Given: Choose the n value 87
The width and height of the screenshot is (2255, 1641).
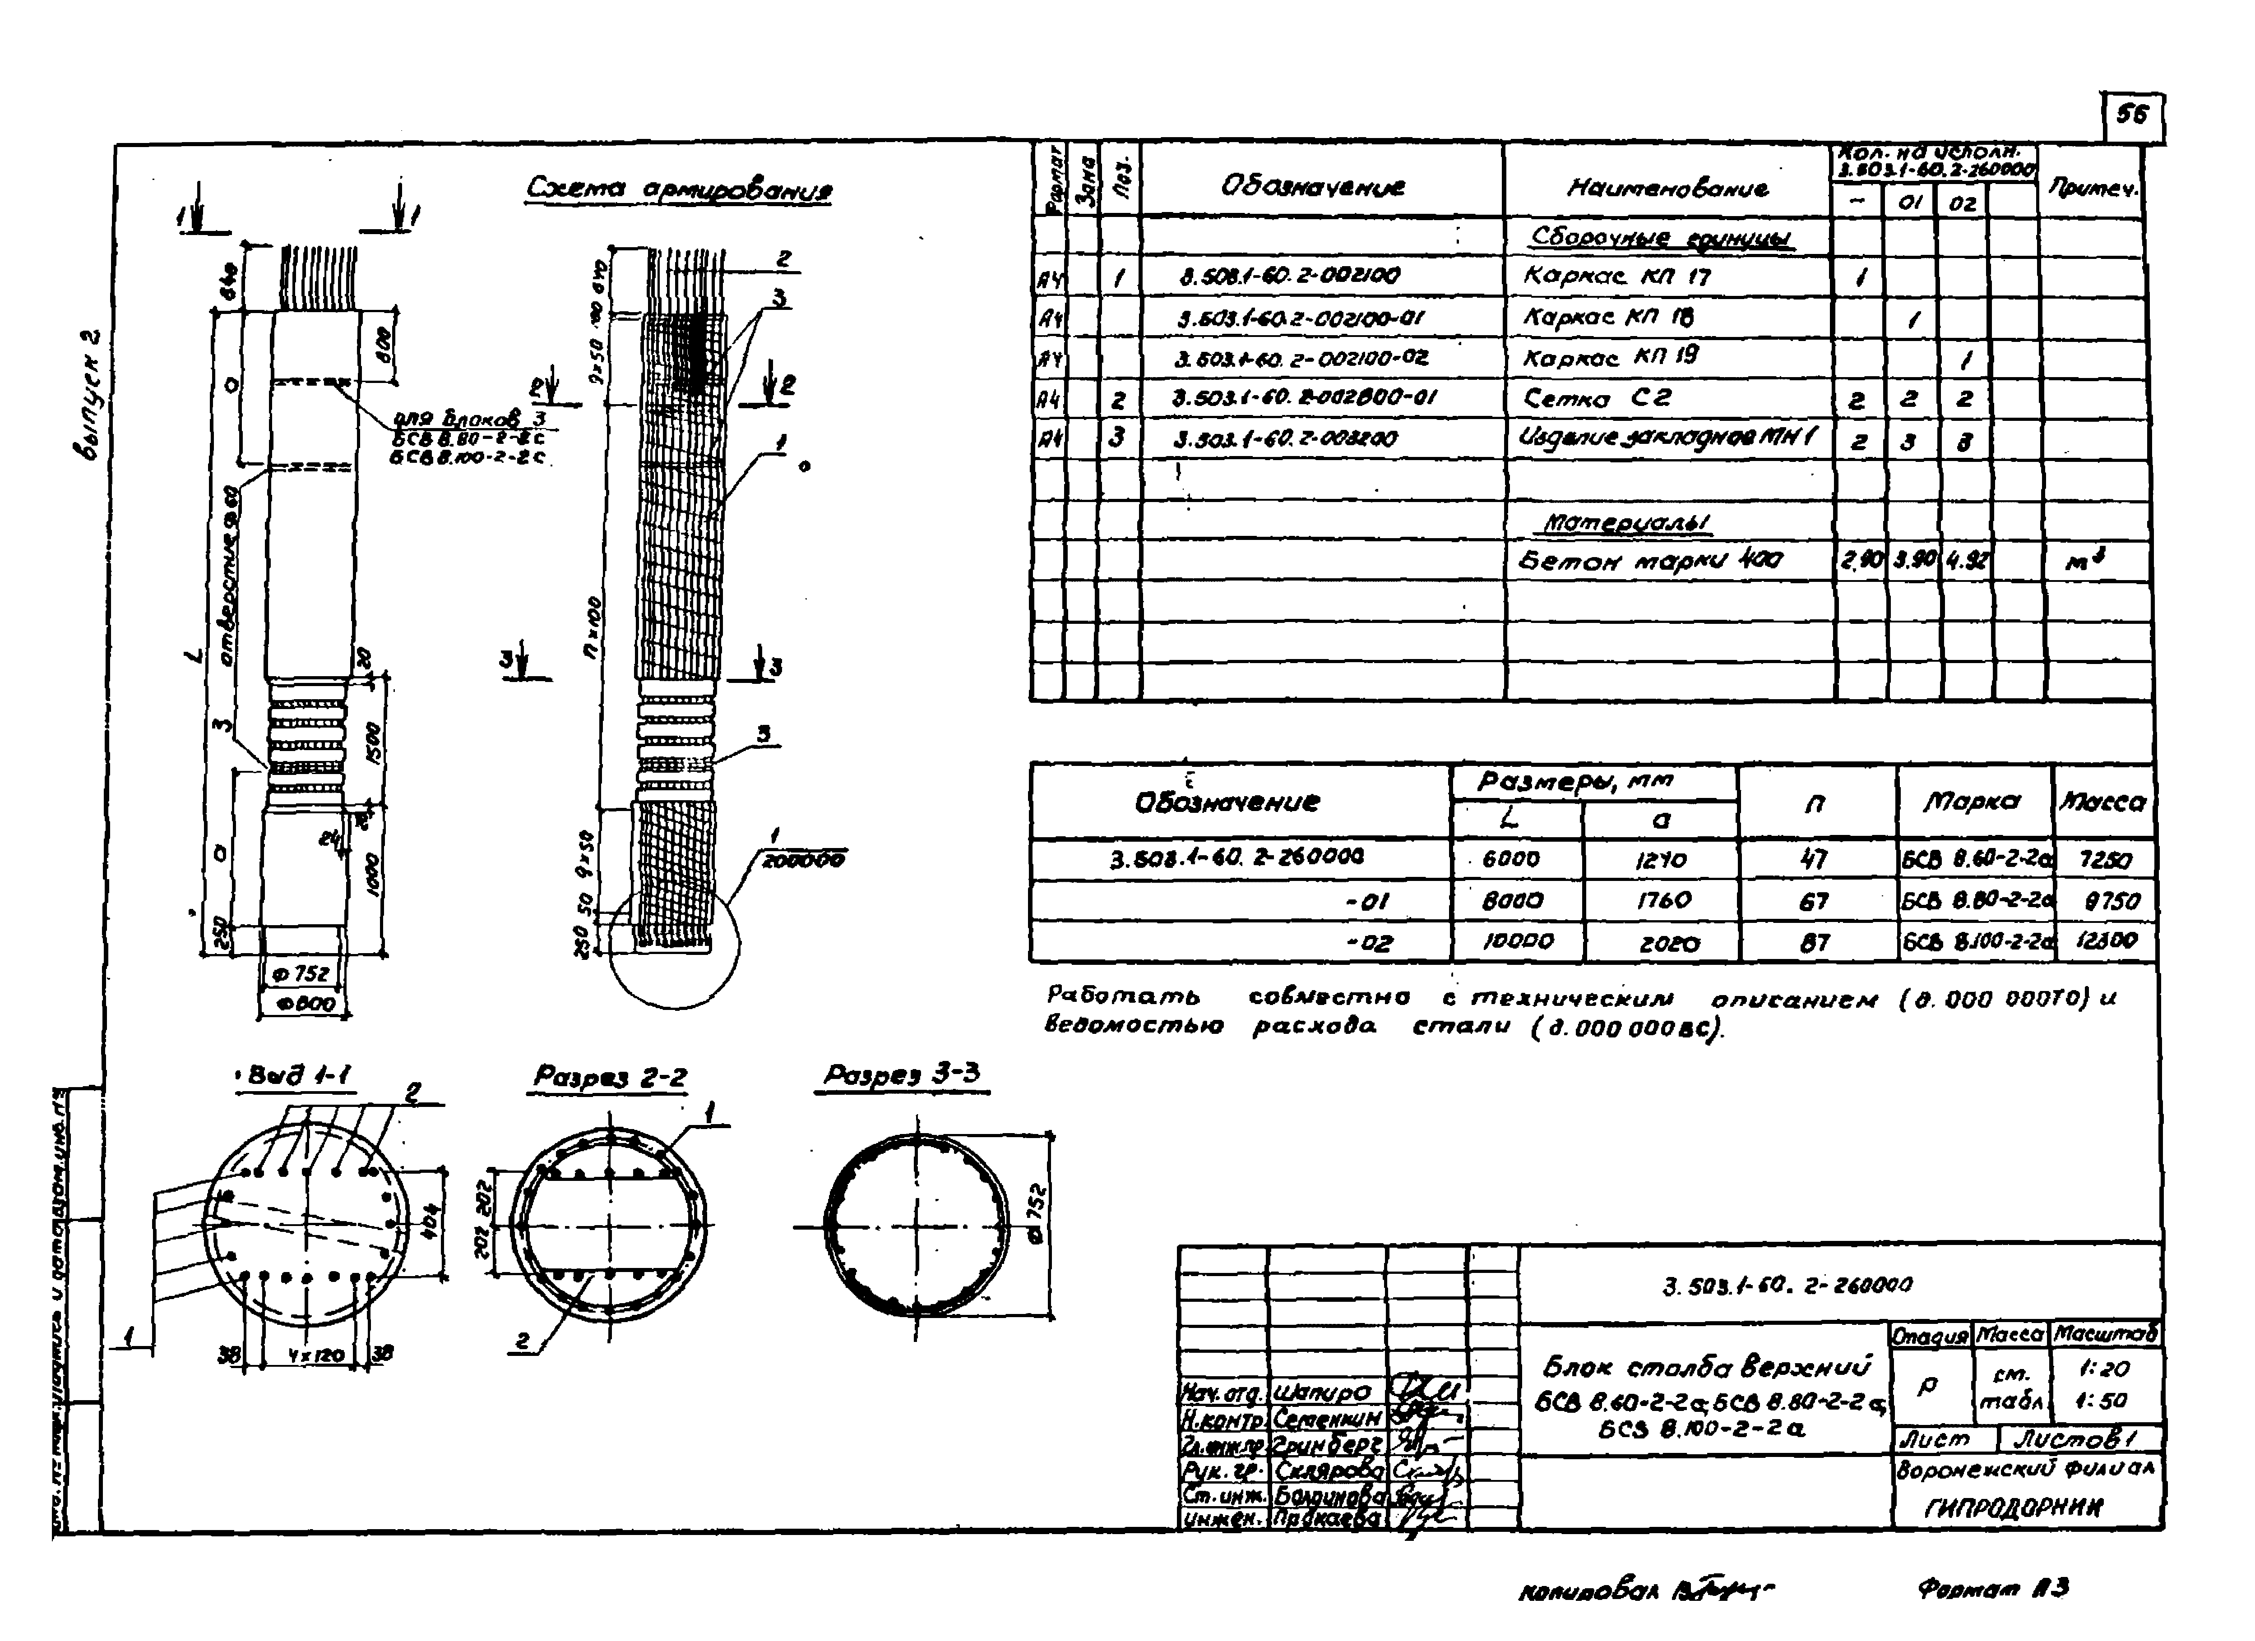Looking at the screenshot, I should click(1815, 942).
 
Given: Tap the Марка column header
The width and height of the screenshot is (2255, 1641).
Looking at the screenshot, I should click(1972, 801).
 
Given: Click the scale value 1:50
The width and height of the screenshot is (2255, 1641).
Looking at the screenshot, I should click(2103, 1401).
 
